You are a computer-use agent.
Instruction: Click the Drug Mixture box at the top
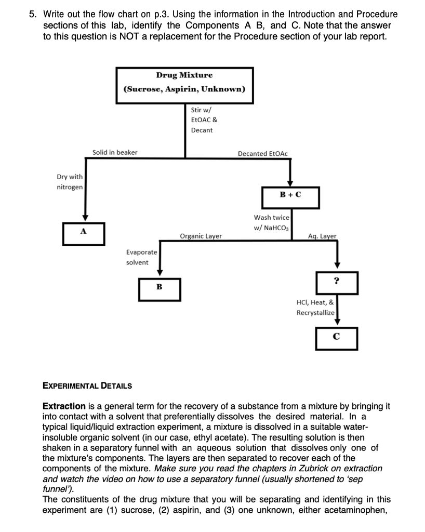pos(184,82)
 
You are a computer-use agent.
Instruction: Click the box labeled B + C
pos(290,196)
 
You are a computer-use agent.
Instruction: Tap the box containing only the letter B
pos(160,288)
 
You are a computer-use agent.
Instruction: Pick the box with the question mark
pos(337,282)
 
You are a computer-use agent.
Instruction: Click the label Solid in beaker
pos(115,152)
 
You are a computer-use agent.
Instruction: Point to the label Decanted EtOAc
pos(262,153)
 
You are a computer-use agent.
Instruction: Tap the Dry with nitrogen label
pos(70,182)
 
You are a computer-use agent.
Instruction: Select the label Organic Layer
pos(201,236)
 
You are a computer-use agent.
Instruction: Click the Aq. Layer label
pos(322,236)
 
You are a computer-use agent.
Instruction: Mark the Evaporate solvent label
pos(141,257)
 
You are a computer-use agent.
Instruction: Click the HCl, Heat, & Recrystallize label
pos(315,307)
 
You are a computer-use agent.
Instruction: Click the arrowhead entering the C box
pos(337,322)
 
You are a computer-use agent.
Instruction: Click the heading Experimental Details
pos(87,386)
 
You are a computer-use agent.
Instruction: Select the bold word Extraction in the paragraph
pos(64,406)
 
